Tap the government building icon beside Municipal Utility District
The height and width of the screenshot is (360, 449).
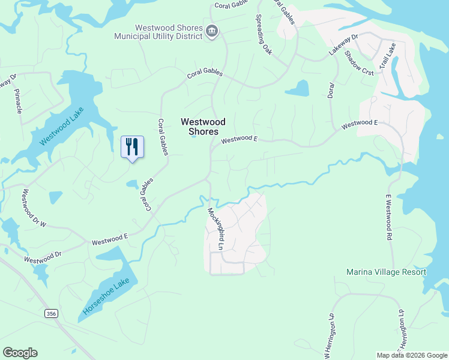(211, 31)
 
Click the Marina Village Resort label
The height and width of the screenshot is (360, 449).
(386, 272)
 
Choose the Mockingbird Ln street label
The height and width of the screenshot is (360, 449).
(215, 229)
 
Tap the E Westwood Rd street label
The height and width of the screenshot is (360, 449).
(388, 217)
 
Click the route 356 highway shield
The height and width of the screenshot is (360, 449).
(52, 313)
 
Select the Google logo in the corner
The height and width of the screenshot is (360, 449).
(20, 353)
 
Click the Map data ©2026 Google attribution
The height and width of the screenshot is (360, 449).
(411, 355)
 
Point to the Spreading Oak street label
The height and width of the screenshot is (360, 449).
(264, 35)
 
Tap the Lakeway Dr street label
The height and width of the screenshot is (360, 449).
(343, 45)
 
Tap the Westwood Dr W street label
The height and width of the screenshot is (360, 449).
(34, 208)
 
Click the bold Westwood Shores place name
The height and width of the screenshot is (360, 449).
(199, 126)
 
